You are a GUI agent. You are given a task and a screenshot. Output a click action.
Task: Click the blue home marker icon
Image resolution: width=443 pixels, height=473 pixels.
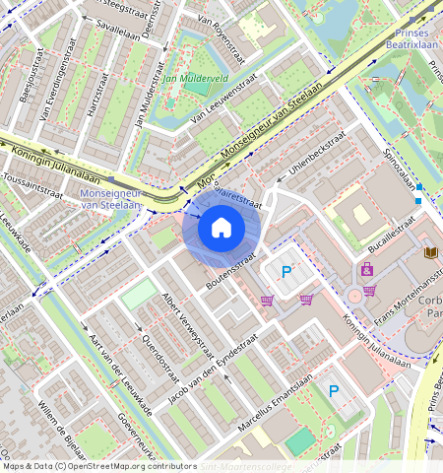click(221, 229)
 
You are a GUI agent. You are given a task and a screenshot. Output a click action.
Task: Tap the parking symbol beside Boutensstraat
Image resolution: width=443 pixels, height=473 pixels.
click(286, 271)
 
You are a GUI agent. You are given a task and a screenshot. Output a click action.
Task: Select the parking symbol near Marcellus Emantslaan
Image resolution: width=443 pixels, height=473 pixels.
click(333, 390)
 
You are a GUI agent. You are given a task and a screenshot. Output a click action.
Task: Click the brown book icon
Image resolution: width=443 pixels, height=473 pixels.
click(429, 252)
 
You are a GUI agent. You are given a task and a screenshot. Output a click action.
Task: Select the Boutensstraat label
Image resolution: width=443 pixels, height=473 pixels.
click(231, 275)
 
